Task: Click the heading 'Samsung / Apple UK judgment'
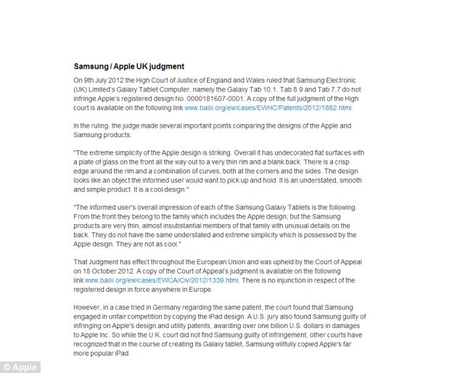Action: [x=129, y=66]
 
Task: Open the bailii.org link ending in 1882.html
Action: [x=268, y=107]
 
